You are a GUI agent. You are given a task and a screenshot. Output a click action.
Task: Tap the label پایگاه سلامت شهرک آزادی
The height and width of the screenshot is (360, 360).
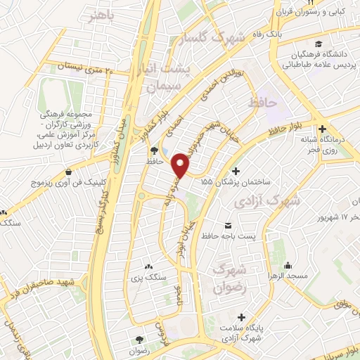tap(240, 335)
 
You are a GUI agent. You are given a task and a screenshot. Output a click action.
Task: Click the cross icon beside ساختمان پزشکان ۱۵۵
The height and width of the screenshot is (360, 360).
tap(236, 171)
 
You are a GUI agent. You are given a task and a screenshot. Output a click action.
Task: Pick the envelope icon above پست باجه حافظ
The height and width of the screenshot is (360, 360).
tap(228, 226)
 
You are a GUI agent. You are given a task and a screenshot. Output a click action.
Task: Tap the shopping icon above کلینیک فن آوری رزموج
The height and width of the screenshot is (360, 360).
tap(67, 172)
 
